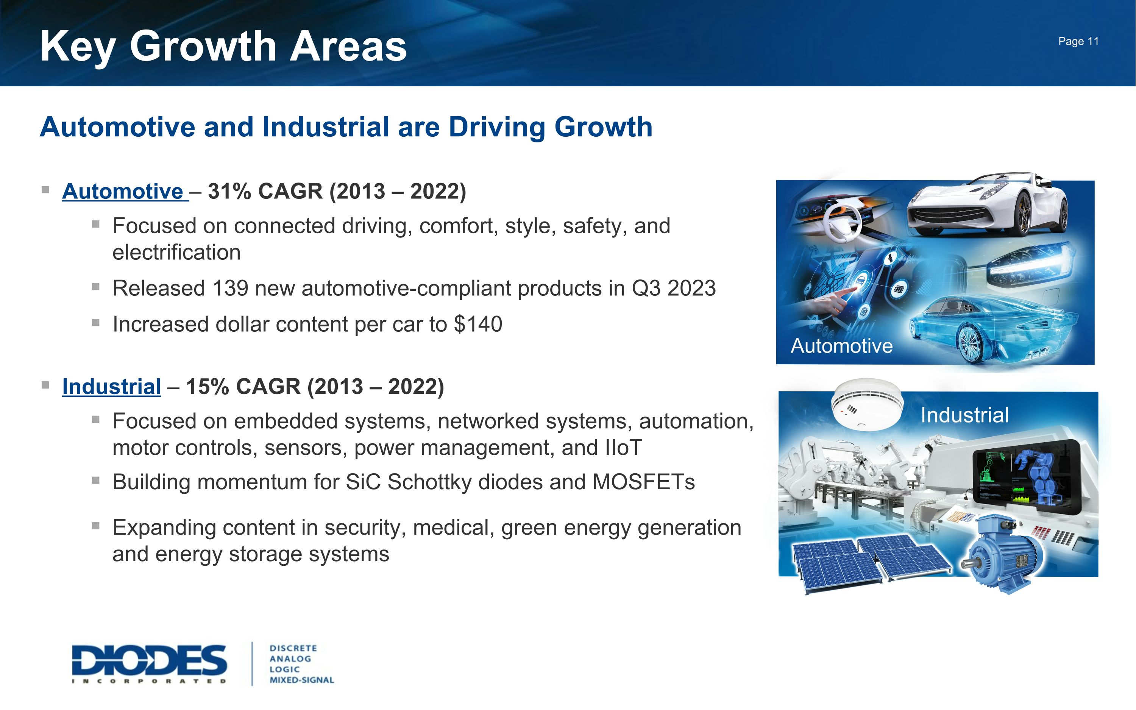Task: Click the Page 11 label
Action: pos(1078,41)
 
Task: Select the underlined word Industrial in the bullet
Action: pos(111,387)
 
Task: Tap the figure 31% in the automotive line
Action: pos(229,192)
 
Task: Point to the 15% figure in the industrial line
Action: pos(208,387)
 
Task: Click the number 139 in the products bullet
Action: pos(229,288)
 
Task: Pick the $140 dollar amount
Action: pos(478,325)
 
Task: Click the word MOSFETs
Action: pos(643,482)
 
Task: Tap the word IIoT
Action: pos(623,448)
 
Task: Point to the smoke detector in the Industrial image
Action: pos(866,403)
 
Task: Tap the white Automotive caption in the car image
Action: pos(841,346)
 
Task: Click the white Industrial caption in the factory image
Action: pos(964,415)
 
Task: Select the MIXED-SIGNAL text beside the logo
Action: pos(301,680)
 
